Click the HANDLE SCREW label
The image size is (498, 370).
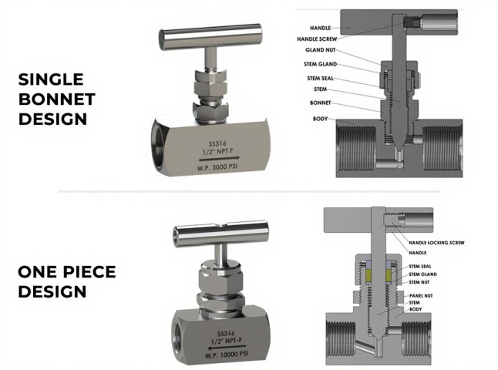(x=317, y=39)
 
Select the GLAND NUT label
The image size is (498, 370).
(x=320, y=50)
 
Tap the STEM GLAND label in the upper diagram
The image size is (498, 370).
(x=320, y=64)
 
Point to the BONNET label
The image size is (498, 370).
(x=320, y=103)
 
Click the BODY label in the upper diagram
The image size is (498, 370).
(x=320, y=119)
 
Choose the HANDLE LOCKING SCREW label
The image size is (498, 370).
(x=436, y=243)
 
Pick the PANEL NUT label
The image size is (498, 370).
(x=421, y=296)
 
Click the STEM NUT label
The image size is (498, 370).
(x=419, y=282)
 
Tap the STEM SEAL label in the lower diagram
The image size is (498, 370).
(x=420, y=267)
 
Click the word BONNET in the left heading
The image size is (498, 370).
(x=57, y=99)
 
